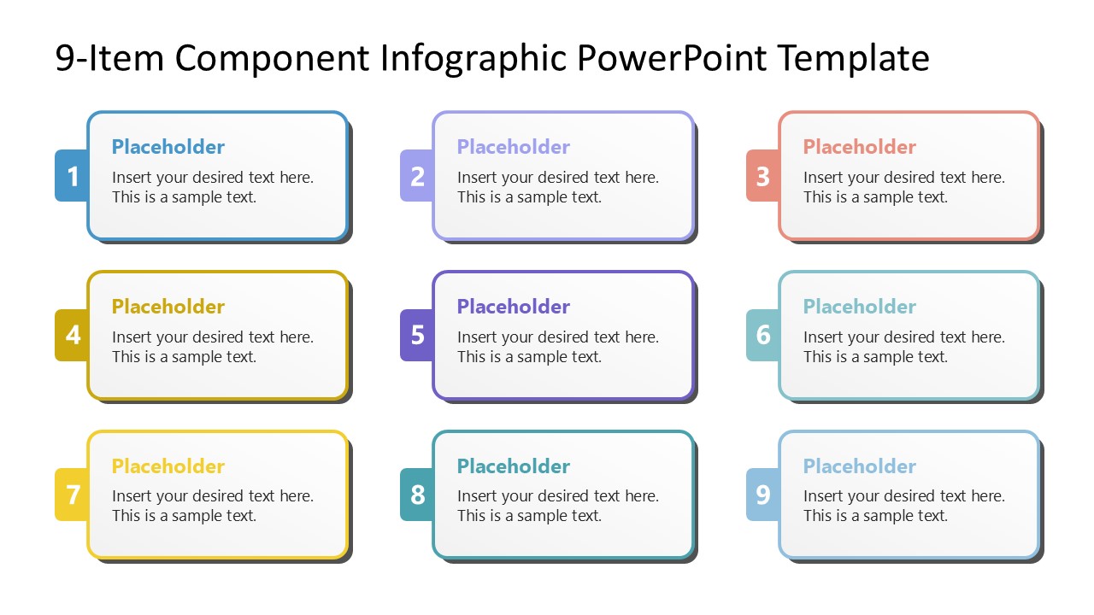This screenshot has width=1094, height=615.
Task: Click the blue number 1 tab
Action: [x=72, y=176]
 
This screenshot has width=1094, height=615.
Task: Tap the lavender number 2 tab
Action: [x=417, y=176]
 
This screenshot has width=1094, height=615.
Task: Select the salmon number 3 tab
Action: [x=762, y=176]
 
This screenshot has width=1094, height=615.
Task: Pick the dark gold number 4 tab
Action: [x=72, y=335]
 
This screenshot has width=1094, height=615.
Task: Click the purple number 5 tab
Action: [x=417, y=335]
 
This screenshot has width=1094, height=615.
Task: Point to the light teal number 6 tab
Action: [x=762, y=335]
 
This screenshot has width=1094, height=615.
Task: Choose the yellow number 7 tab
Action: [x=72, y=495]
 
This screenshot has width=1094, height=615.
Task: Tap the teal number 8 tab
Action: [x=417, y=495]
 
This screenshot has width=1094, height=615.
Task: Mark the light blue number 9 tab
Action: [x=762, y=495]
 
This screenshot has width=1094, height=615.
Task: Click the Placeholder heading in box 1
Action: [x=168, y=147]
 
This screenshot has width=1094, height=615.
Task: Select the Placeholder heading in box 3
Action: [x=859, y=147]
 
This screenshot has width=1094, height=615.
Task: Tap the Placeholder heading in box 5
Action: [x=513, y=307]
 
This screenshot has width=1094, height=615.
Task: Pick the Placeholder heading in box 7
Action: [x=168, y=466]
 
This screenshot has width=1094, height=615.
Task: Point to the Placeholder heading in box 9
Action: [x=859, y=466]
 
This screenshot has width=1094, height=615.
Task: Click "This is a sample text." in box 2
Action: [x=529, y=197]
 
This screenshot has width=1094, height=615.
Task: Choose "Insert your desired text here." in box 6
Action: [x=903, y=337]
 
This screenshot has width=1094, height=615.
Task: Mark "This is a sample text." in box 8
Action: [x=529, y=516]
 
